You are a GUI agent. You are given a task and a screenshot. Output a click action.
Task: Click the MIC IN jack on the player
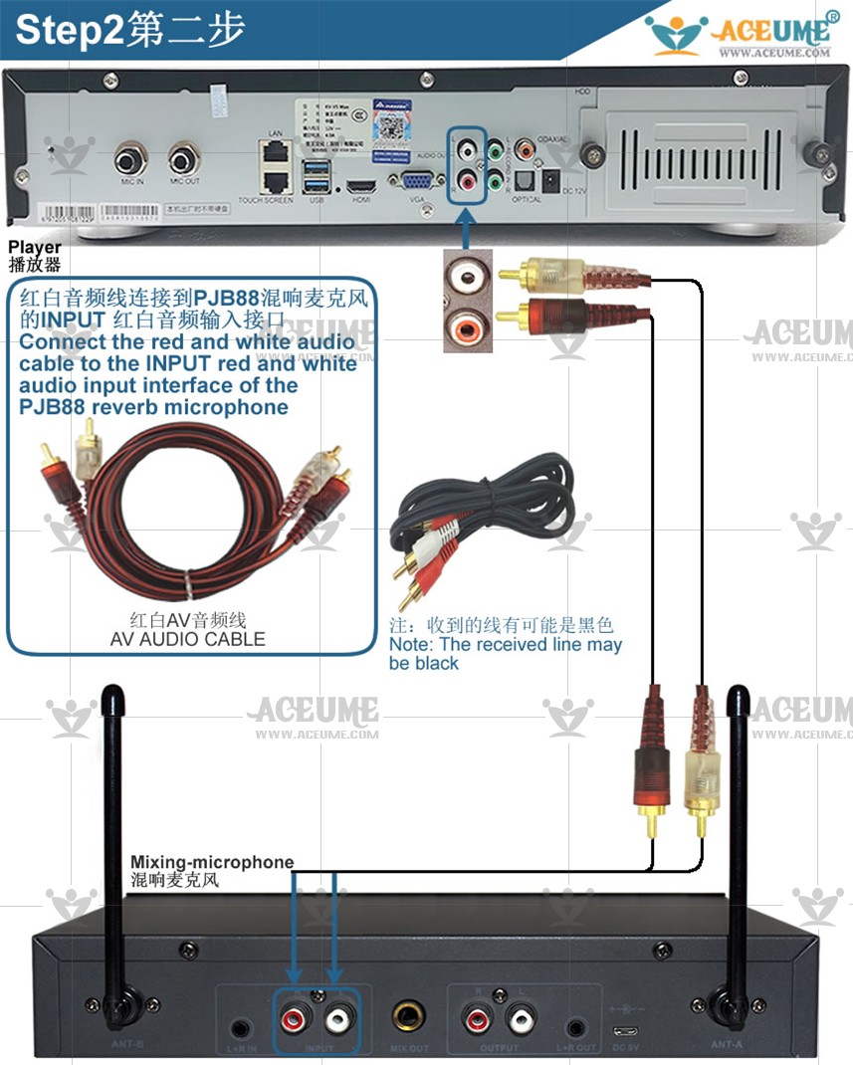pyautogui.click(x=130, y=159)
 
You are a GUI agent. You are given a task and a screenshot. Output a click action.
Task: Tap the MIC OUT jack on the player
pyautogui.click(x=184, y=159)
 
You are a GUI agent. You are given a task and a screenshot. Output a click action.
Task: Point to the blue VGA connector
pyautogui.click(x=417, y=181)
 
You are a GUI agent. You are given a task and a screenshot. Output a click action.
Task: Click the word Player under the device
pyautogui.click(x=35, y=247)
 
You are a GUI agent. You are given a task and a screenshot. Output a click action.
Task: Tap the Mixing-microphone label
pyautogui.click(x=212, y=862)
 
